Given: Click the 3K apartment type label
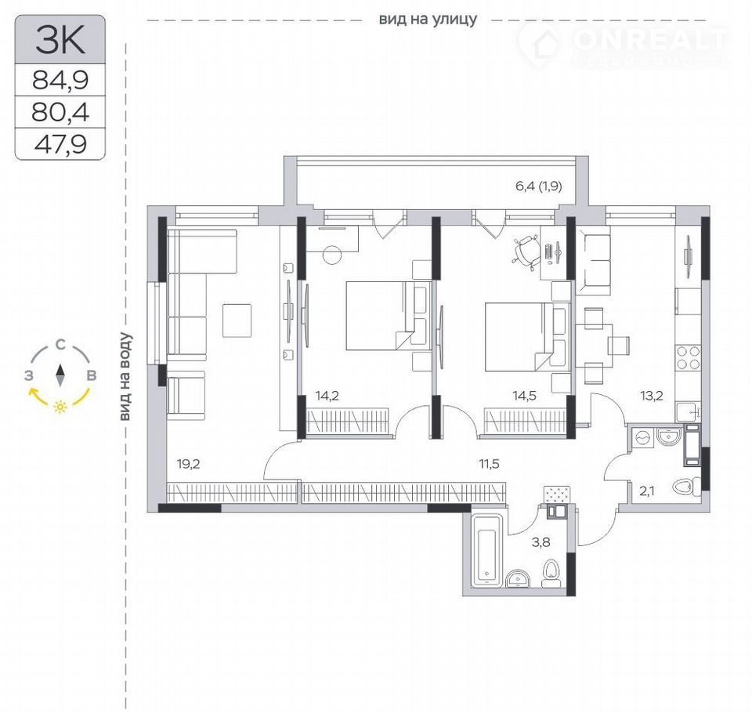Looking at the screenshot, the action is (60, 40).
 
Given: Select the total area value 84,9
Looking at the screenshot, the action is (60, 80).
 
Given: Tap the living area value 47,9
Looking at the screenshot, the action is (60, 144).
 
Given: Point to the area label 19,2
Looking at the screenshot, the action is (189, 464).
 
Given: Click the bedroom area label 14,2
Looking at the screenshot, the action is (327, 396).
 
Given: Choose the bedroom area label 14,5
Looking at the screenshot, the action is (524, 396).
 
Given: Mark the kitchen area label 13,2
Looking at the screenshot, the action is (651, 396).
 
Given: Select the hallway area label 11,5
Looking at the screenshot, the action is (489, 464).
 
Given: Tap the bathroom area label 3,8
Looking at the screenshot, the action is (541, 543).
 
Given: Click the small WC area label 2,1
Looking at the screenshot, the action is (646, 490).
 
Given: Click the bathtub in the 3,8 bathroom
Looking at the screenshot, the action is (486, 551).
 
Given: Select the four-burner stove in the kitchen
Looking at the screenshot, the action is (689, 358).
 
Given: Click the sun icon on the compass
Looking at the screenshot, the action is (60, 407).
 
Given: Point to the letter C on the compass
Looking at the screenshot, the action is (60, 345).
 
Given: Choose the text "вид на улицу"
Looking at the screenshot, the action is (428, 20).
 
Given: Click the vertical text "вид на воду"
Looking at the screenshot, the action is (125, 377).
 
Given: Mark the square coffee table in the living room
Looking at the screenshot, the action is (237, 320).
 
